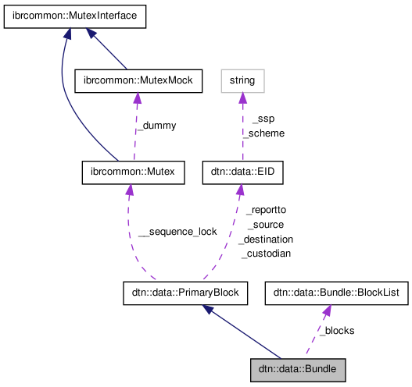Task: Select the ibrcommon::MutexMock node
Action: [x=138, y=80]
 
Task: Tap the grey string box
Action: [x=242, y=80]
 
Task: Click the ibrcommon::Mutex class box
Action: [x=133, y=172]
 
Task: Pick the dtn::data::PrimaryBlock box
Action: [x=185, y=293]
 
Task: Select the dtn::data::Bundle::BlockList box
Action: [x=336, y=293]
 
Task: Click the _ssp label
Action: [x=263, y=119]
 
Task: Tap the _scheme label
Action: [x=263, y=133]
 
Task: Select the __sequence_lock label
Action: [x=177, y=232]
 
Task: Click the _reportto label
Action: [x=266, y=211]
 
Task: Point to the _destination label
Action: [x=266, y=239]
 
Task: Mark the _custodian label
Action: [x=266, y=254]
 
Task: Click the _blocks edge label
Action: [x=337, y=330]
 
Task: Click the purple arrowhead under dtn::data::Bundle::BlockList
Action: [x=326, y=311]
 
